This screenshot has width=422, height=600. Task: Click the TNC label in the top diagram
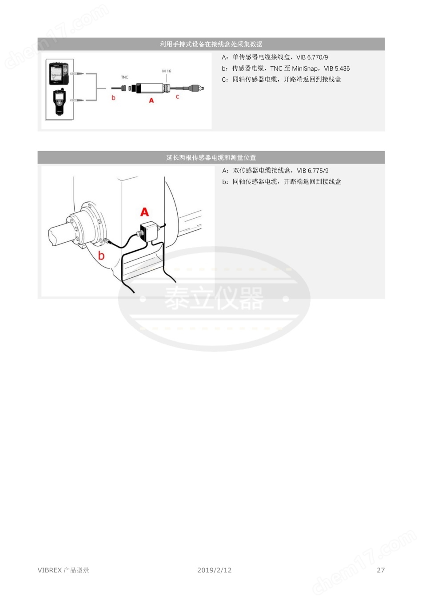click(x=124, y=77)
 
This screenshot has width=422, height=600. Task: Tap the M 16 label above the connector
click(x=167, y=71)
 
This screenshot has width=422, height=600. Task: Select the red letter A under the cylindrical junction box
click(x=151, y=100)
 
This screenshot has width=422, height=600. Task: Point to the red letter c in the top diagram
click(x=177, y=96)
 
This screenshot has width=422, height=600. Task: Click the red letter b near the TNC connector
click(x=113, y=97)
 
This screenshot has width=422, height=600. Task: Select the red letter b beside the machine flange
click(x=101, y=256)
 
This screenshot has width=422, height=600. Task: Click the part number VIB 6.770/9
click(x=312, y=57)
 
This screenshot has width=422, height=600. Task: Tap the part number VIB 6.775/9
click(x=313, y=171)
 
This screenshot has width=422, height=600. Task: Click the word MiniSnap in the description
click(x=305, y=68)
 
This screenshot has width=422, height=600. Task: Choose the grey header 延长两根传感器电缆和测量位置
click(x=211, y=157)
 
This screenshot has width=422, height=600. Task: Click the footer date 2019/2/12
click(x=215, y=570)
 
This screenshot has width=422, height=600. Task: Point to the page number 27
click(x=381, y=570)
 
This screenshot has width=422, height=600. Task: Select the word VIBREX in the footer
click(x=50, y=570)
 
